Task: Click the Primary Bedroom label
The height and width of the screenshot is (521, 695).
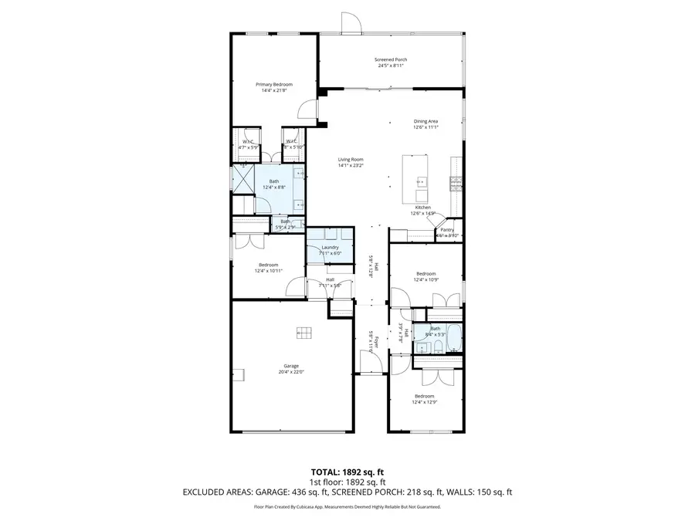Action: pyautogui.click(x=274, y=84)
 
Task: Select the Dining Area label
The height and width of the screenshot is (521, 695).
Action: pyautogui.click(x=425, y=121)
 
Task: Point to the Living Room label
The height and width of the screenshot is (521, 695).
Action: pyautogui.click(x=350, y=159)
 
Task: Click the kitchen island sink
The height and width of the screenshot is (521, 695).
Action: pyautogui.click(x=421, y=183)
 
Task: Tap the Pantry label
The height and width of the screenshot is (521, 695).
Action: pyautogui.click(x=447, y=229)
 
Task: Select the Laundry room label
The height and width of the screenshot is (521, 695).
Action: pyautogui.click(x=330, y=247)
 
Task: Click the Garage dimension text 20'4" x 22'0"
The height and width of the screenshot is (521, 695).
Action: pyautogui.click(x=291, y=372)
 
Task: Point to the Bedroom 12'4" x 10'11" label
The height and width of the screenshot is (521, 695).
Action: pyautogui.click(x=269, y=265)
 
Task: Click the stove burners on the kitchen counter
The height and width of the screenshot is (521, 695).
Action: pyautogui.click(x=456, y=183)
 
